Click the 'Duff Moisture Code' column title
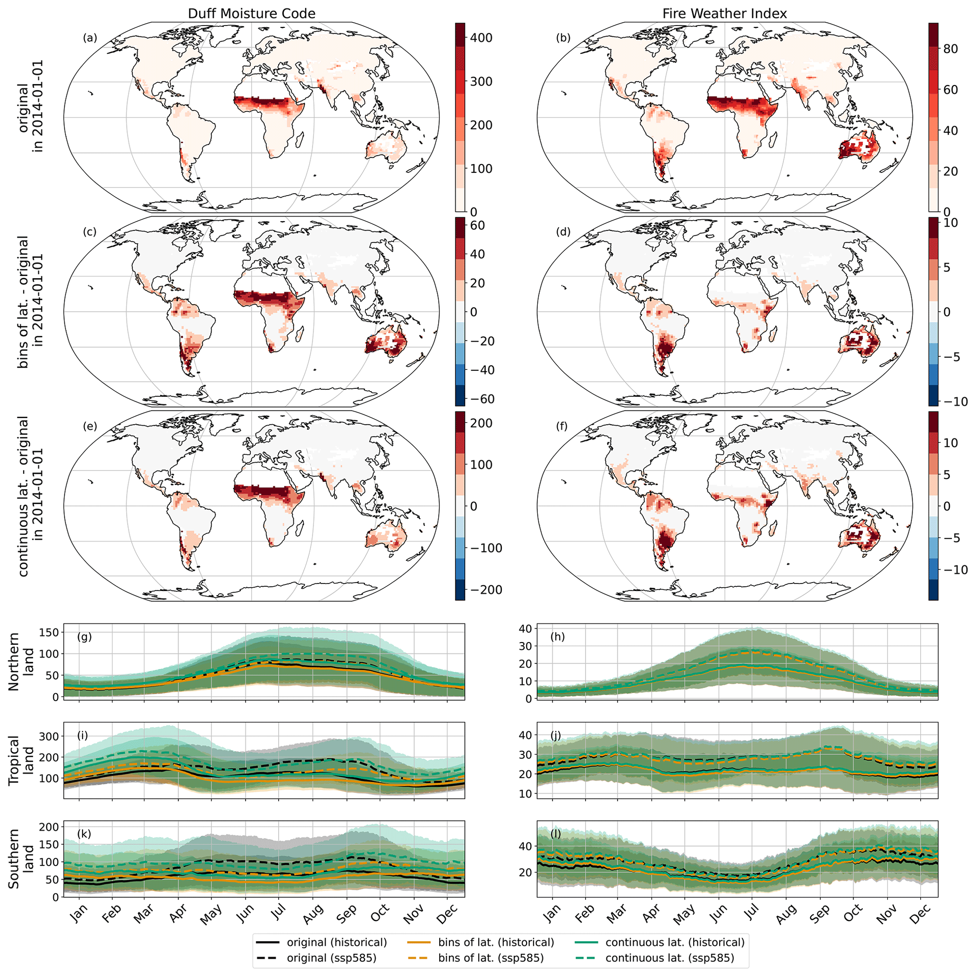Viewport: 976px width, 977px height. (252, 14)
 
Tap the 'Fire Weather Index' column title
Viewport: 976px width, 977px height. (725, 14)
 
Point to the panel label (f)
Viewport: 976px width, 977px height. (562, 426)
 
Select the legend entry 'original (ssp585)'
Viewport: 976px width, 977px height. (331, 958)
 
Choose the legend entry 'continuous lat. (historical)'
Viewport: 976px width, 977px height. (675, 942)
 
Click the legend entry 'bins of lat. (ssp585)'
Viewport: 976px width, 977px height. (491, 958)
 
